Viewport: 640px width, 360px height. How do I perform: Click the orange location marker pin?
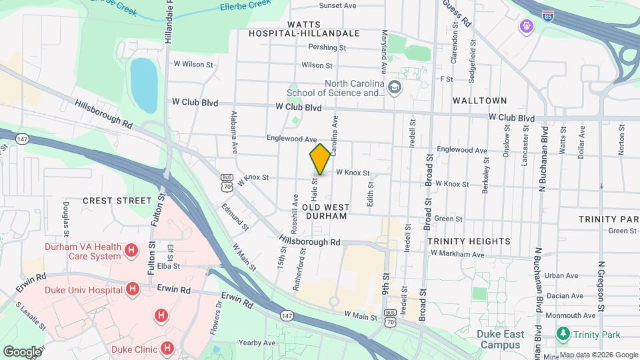click(320, 159)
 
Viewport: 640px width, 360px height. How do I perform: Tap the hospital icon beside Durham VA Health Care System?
click(132, 251)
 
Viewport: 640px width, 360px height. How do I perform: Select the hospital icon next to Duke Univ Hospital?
click(132, 289)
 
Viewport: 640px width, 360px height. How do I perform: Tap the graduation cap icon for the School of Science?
click(395, 87)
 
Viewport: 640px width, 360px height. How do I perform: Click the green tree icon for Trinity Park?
click(564, 334)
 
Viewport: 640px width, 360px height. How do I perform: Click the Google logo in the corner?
click(22, 351)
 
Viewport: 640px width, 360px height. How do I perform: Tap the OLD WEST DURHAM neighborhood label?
click(325, 212)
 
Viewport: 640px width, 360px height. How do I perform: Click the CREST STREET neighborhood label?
click(117, 200)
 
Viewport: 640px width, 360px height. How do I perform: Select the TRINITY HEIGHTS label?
click(469, 241)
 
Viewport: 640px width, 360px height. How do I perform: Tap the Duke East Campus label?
click(500, 339)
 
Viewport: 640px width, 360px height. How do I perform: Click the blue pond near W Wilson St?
click(143, 85)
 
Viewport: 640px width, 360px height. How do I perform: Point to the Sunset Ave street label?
click(337, 5)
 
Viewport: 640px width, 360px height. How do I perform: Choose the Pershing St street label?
click(327, 47)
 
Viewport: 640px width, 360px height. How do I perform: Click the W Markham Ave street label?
click(457, 254)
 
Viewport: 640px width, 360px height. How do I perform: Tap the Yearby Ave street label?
click(257, 343)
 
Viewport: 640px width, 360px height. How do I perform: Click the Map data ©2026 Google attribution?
click(598, 355)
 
